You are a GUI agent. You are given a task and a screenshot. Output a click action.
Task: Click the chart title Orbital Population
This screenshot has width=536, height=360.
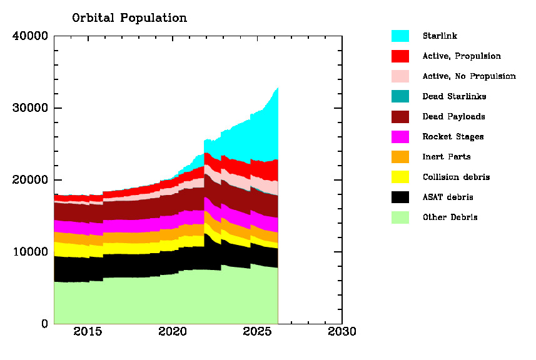tap(129, 18)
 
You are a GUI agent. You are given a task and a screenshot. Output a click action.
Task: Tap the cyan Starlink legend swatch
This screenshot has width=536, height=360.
tap(400, 36)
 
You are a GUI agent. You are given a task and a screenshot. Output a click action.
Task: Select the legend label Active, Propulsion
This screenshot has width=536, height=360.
tap(462, 56)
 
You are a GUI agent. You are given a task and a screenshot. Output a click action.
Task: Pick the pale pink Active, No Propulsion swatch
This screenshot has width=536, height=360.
tap(400, 76)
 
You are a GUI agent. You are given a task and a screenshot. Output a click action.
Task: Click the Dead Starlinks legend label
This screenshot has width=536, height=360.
tap(454, 96)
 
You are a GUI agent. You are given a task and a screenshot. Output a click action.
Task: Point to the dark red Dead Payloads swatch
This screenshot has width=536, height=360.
tap(400, 117)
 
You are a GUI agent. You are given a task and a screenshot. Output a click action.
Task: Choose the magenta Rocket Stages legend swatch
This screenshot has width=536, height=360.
tap(400, 137)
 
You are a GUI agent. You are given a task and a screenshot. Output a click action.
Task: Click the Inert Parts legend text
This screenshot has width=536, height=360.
tap(447, 157)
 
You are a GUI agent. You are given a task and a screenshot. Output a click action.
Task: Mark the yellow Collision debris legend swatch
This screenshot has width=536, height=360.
tap(400, 177)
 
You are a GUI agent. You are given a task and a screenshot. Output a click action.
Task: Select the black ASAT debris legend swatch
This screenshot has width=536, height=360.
tap(400, 197)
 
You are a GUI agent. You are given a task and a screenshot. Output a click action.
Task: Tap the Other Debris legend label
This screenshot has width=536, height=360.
tap(449, 217)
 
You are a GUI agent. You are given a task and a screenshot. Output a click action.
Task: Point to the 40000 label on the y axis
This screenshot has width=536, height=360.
tap(30, 36)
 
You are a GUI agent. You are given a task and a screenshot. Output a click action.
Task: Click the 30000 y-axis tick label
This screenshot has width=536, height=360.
tap(30, 108)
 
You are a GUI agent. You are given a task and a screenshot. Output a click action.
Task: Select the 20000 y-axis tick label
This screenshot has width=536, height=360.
tap(30, 180)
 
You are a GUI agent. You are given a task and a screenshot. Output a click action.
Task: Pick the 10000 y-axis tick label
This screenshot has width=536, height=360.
tap(30, 252)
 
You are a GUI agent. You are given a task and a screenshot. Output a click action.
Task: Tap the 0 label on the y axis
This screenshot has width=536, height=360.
tap(44, 324)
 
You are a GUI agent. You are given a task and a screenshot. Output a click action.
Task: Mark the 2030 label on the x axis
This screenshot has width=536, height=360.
tap(341, 331)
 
